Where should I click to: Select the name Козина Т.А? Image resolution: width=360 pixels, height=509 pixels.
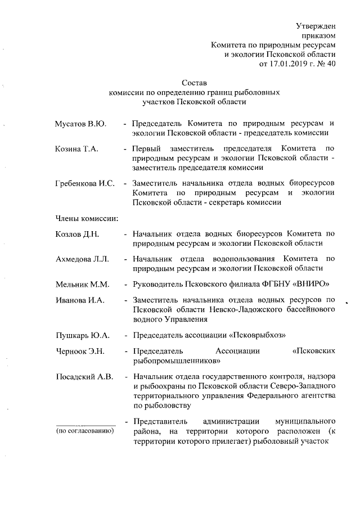coord(76,148)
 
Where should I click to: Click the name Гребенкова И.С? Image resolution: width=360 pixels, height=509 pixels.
coord(85,184)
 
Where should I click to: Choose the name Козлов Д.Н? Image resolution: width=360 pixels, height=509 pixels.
coord(78,233)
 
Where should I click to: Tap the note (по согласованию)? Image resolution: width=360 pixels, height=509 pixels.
coord(84,431)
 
